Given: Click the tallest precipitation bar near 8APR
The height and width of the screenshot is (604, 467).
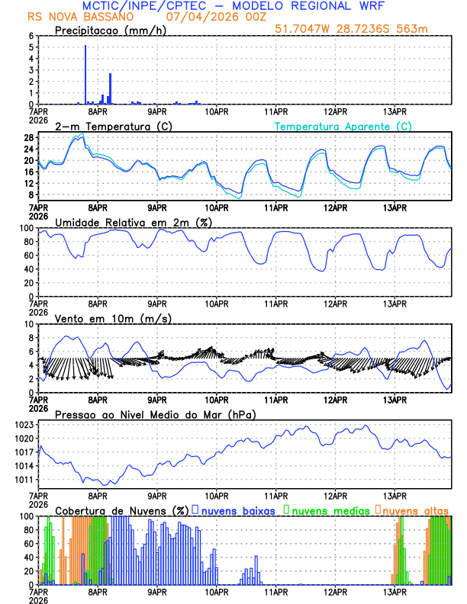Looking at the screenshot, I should click(x=85, y=75).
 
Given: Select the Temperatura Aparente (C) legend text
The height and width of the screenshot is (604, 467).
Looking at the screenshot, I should click(x=343, y=126).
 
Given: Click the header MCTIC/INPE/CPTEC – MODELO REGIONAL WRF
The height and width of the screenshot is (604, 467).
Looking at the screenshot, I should click(x=233, y=6).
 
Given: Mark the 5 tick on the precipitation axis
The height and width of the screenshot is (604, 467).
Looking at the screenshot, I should click(x=31, y=47).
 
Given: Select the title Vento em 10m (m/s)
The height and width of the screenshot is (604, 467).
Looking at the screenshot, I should click(x=113, y=318).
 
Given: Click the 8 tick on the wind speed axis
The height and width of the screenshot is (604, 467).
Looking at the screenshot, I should click(x=31, y=337).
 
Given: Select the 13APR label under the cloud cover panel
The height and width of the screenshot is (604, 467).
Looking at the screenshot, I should click(x=395, y=592).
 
